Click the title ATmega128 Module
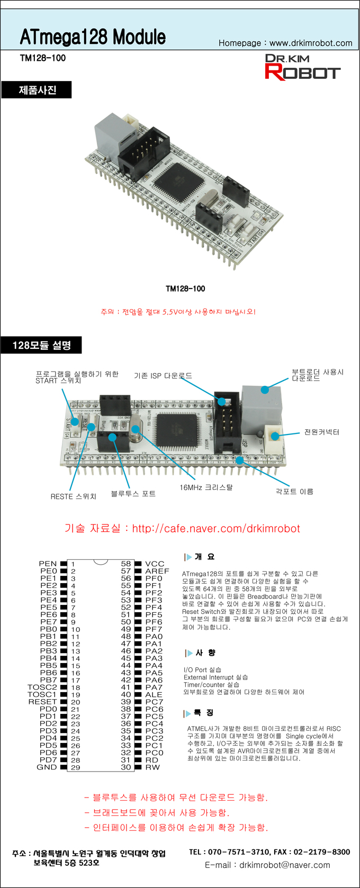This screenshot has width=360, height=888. pyautogui.click(x=93, y=37)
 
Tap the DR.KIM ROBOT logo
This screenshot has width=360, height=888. pyautogui.click(x=302, y=67)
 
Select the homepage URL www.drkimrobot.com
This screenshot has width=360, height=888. pyautogui.click(x=311, y=43)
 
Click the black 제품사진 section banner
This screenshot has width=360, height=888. pyautogui.click(x=37, y=90)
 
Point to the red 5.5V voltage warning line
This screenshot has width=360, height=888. pyautogui.click(x=178, y=312)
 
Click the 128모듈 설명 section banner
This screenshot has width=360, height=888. pyautogui.click(x=41, y=346)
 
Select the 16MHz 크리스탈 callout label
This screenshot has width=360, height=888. pyautogui.click(x=206, y=487)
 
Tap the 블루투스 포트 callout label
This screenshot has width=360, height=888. pyautogui.click(x=133, y=494)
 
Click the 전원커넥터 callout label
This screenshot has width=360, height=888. pyautogui.click(x=321, y=432)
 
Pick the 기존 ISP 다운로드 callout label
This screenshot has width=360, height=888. pyautogui.click(x=163, y=376)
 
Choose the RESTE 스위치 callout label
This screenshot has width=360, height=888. pyautogui.click(x=74, y=496)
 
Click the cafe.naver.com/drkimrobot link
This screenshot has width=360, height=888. pyautogui.click(x=216, y=529)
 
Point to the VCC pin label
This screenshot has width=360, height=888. pyautogui.click(x=155, y=564)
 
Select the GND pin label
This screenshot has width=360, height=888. pyautogui.click(x=47, y=767)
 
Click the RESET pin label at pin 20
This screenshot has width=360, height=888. pyautogui.click(x=42, y=702)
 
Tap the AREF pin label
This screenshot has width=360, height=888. pyautogui.click(x=157, y=572)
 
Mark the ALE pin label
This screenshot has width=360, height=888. pyautogui.click(x=154, y=695)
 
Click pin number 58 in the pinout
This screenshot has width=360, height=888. pyautogui.click(x=125, y=564)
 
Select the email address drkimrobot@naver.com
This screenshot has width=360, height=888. pyautogui.click(x=285, y=865)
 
